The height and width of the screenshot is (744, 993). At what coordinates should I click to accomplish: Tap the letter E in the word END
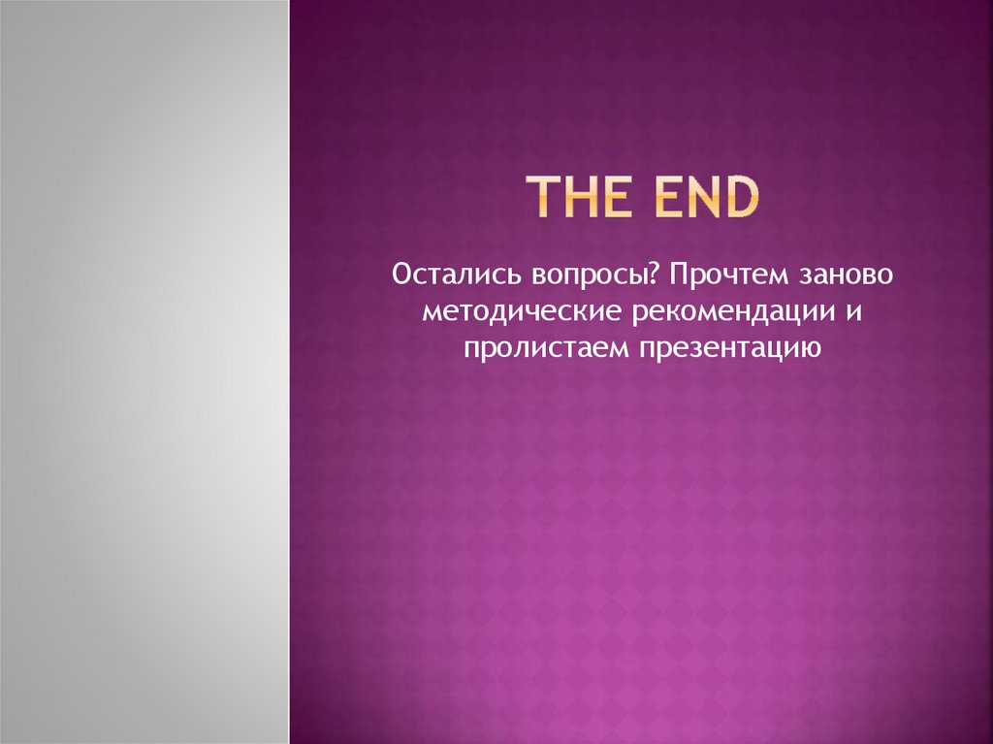672,200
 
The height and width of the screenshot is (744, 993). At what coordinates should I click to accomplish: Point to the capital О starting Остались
400,277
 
